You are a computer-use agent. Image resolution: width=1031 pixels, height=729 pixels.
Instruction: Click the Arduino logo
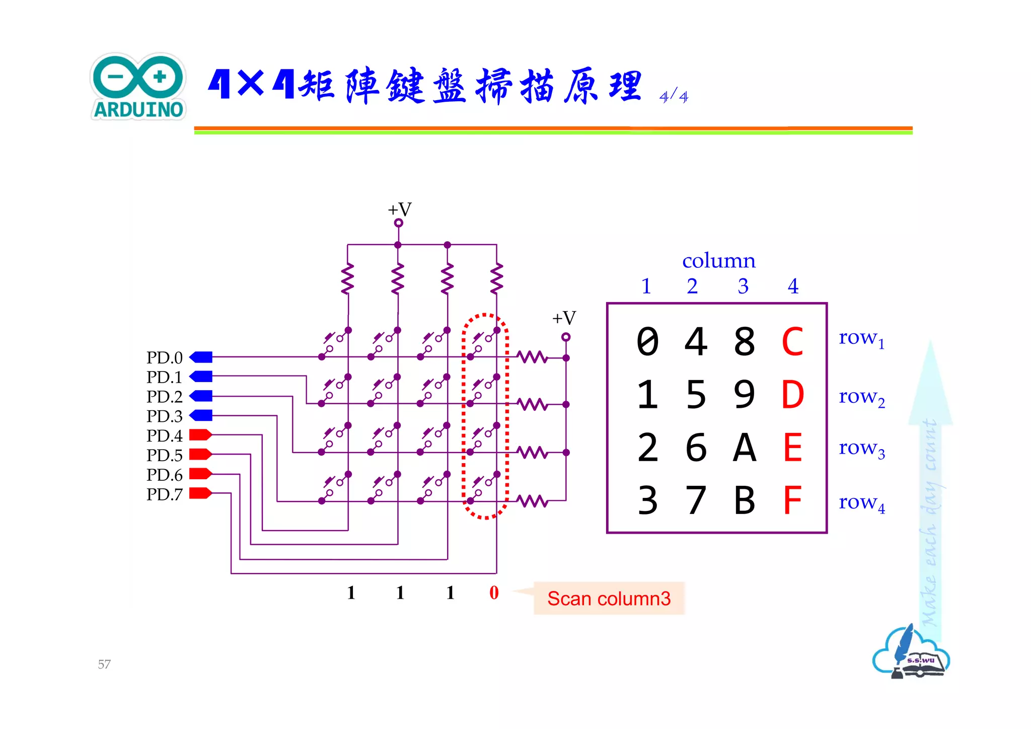point(138,87)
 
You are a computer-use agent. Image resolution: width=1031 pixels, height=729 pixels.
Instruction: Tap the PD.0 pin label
point(164,357)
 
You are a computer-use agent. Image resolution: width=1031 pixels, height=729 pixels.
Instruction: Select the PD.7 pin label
point(164,494)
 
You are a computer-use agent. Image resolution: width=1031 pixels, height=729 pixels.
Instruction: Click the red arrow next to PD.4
point(200,435)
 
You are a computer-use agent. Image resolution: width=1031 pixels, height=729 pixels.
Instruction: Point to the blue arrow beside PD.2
point(201,396)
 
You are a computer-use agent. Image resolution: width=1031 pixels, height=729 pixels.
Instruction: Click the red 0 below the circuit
point(494,593)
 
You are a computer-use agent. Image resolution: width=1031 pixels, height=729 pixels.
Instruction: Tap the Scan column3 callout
point(609,599)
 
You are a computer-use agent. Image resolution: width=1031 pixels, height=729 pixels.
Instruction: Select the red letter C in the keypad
point(792,342)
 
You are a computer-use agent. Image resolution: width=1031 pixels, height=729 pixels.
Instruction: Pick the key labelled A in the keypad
point(744,448)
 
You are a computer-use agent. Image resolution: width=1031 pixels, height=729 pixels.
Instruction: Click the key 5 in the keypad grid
point(696,395)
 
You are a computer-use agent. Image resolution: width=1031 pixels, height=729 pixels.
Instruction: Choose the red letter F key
point(792,500)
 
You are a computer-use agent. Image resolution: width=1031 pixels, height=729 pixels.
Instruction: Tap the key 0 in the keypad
point(647,342)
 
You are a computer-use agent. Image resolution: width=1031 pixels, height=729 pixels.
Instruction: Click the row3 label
point(861,448)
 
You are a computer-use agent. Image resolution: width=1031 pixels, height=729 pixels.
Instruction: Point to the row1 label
point(861,338)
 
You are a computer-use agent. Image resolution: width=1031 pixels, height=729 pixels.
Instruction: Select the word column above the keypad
point(718,261)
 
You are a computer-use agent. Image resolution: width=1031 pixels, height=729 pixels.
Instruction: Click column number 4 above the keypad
point(793,286)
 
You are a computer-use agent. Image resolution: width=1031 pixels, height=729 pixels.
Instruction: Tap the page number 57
point(104,664)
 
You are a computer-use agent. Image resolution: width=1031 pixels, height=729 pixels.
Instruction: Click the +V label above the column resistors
point(400,209)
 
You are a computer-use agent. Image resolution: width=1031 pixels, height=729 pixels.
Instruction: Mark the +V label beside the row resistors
point(564,318)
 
